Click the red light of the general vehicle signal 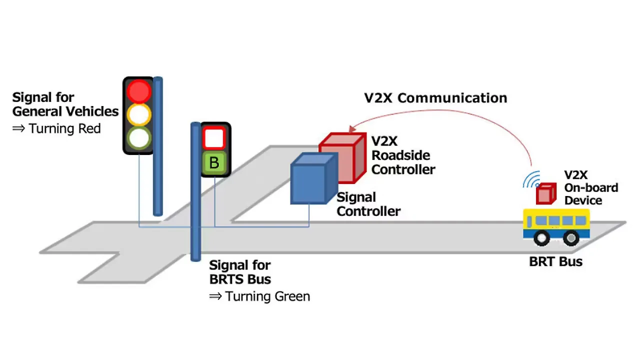click(138, 91)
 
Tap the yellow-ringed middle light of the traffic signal click(138, 115)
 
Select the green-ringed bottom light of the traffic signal click(138, 138)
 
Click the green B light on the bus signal click(214, 163)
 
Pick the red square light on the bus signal click(214, 137)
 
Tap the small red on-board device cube click(545, 193)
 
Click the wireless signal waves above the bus click(531, 179)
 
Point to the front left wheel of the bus click(541, 238)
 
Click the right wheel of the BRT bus click(571, 238)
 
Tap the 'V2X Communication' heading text click(435, 98)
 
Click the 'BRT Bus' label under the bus click(555, 261)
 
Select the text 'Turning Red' click(64, 129)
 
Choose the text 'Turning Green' click(267, 296)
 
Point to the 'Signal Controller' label click(368, 204)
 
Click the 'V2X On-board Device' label click(590, 187)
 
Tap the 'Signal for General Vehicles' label click(65, 104)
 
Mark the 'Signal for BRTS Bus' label click(240, 271)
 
